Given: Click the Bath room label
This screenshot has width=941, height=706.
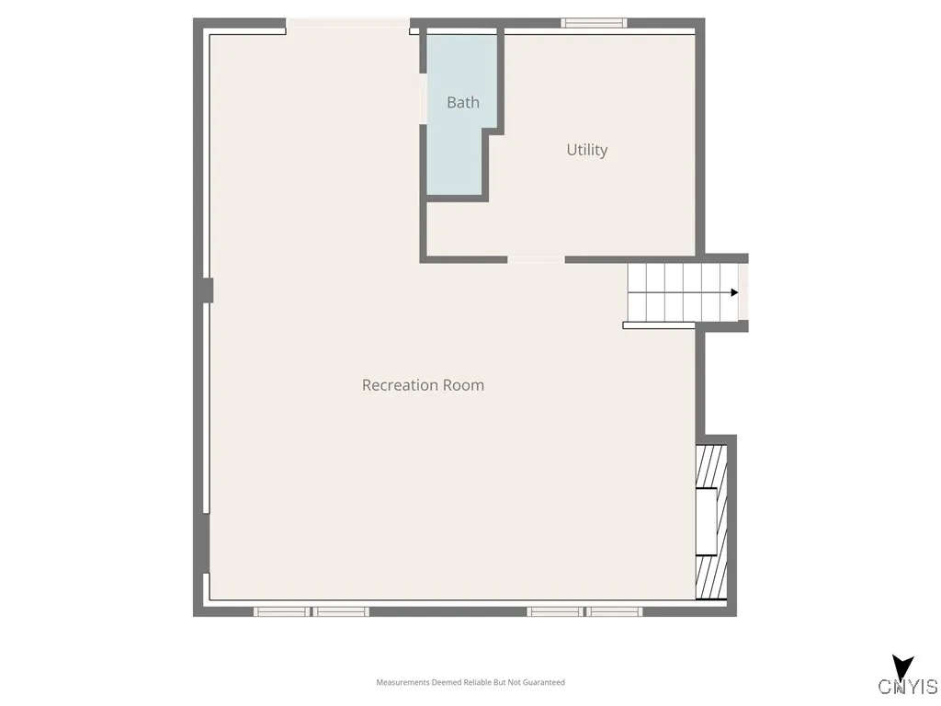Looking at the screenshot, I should [x=463, y=102].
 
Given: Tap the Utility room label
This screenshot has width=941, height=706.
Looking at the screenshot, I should [x=586, y=150].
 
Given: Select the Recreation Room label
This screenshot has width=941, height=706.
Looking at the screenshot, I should [x=423, y=385].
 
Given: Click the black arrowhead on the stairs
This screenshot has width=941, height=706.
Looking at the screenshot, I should [x=734, y=292].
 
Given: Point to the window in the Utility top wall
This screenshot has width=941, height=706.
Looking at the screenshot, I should [x=594, y=23].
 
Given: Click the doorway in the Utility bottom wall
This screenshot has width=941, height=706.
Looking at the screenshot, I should [x=536, y=260].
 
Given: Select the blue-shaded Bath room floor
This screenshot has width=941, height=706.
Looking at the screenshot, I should [x=457, y=156].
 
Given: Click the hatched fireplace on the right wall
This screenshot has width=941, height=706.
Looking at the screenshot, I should [x=711, y=522].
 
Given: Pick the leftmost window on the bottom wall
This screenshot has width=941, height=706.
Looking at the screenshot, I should [x=280, y=611].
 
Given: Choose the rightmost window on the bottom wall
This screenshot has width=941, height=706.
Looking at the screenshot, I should [x=614, y=611].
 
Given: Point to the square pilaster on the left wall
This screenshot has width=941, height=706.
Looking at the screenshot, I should [x=207, y=290].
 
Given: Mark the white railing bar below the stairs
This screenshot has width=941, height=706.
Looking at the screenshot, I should [x=659, y=325].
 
